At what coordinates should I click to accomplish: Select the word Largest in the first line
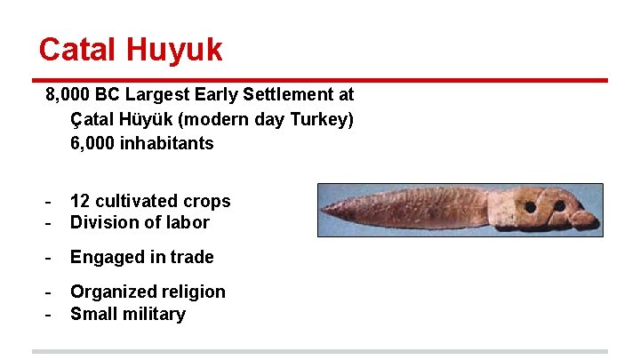point(165,94)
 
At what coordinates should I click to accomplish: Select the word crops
point(205,202)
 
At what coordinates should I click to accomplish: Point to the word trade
point(191,257)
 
